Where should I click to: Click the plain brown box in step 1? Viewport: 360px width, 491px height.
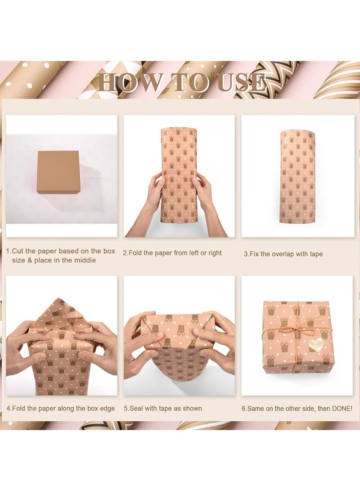pos(58,171)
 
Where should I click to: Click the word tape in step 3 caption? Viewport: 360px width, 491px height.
pos(316,254)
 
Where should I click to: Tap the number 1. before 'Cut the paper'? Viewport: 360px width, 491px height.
pos(9,251)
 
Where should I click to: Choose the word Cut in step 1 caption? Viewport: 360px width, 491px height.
pos(18,251)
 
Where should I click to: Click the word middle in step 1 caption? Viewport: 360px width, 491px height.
pos(85,260)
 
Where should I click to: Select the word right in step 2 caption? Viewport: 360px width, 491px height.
pos(215,253)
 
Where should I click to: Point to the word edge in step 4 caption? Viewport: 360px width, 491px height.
pos(108,409)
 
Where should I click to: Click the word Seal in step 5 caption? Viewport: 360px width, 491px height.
pos(136,408)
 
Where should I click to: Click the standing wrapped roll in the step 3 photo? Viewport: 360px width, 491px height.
pos(297,177)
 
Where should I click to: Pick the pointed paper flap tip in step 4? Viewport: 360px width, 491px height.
pos(58,298)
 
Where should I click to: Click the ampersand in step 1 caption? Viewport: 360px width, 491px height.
pos(30,260)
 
